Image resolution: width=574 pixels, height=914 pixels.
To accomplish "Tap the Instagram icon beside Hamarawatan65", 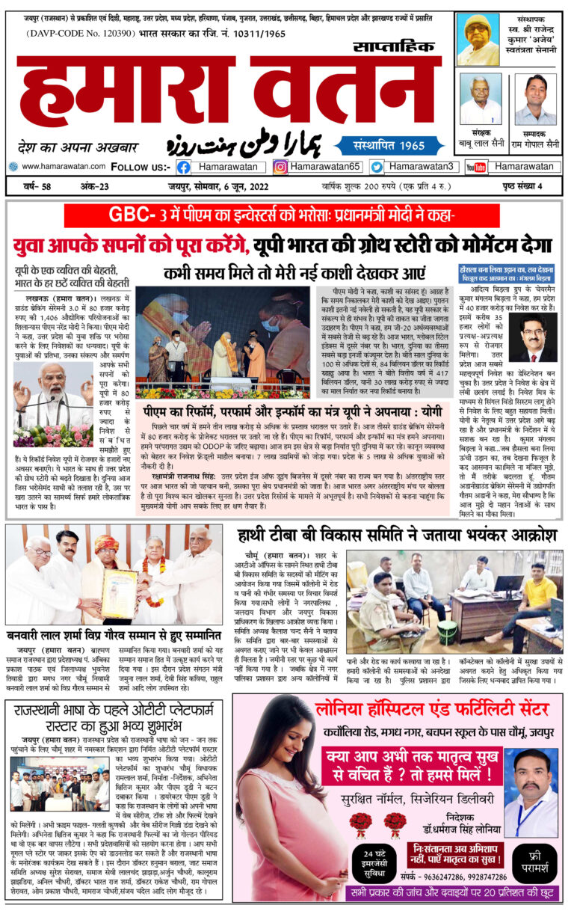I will pos(280,168).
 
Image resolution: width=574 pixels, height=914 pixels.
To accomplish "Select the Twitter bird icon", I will pos(377,168).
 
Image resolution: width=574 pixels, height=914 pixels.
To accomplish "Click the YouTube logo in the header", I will pos(475,168).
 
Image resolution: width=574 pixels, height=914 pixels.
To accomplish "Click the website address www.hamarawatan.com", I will pos(61,167).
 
